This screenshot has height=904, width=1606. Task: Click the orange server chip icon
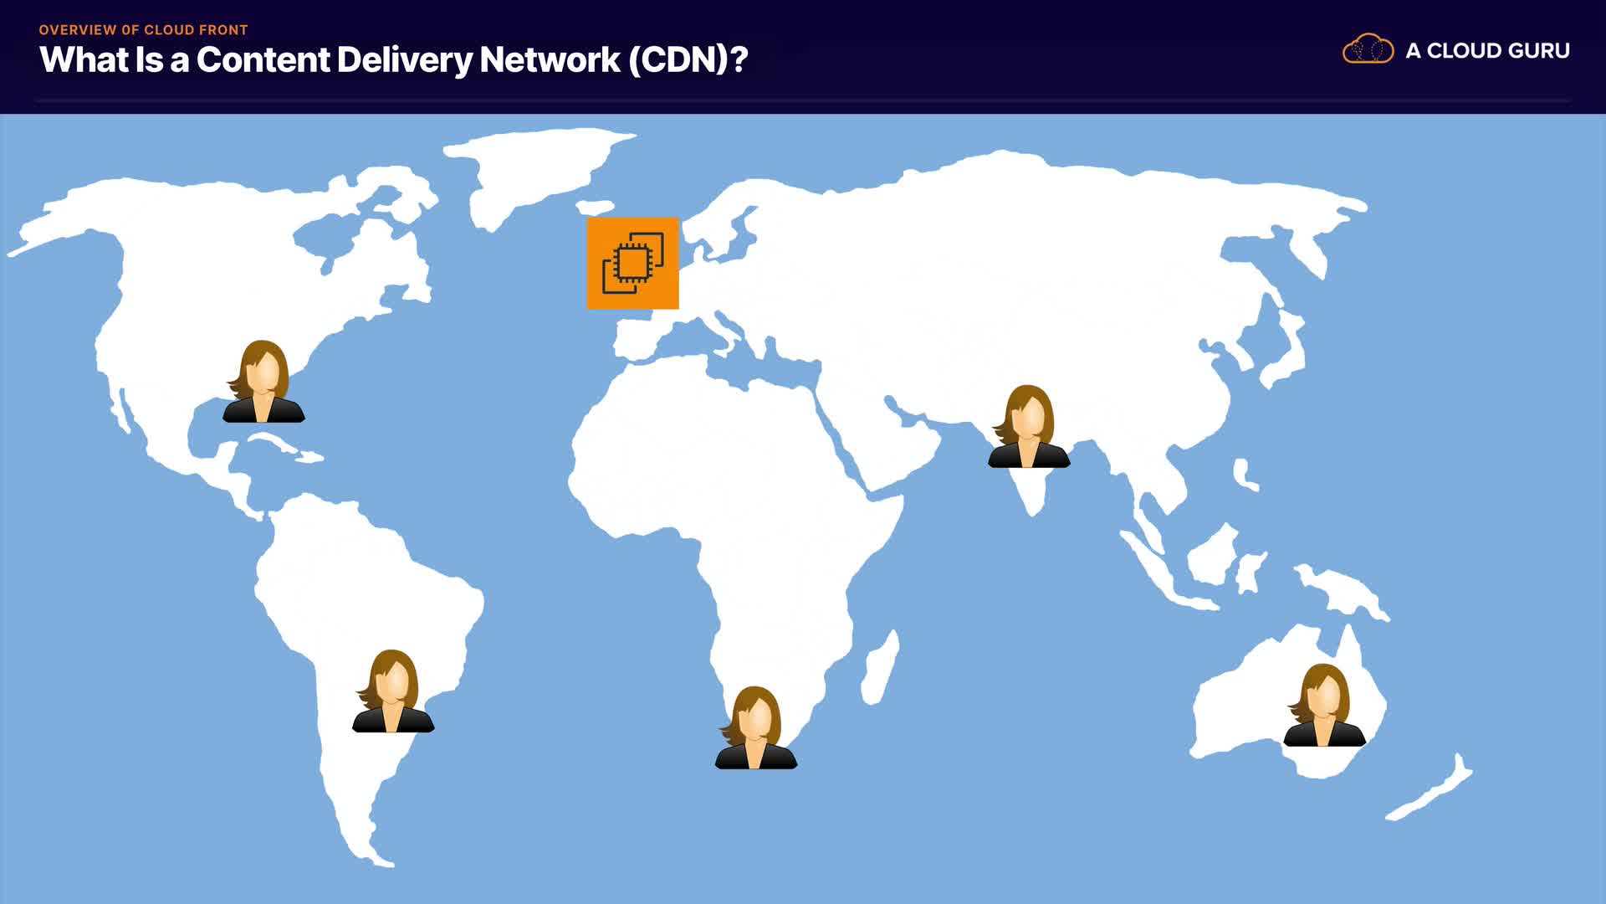632,263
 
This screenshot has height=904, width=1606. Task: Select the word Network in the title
550,59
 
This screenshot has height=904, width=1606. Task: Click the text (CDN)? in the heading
688,59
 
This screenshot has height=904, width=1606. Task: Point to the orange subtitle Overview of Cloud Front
143,29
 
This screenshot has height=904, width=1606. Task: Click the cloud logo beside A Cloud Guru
1368,49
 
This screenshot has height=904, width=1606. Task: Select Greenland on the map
535,167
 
